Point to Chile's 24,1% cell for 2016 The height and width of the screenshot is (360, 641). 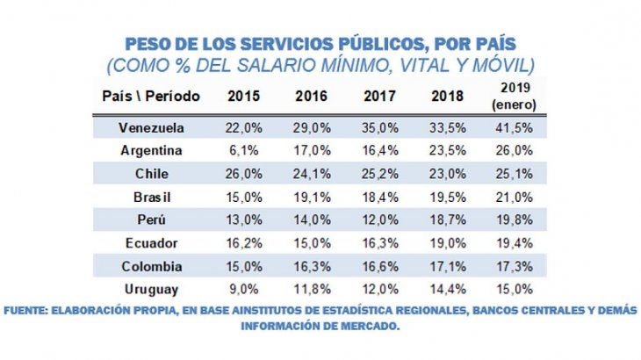point(308,174)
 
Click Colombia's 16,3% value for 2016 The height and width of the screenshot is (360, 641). point(308,266)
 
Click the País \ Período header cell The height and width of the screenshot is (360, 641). point(150,96)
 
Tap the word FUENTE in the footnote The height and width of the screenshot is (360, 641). point(25,311)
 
